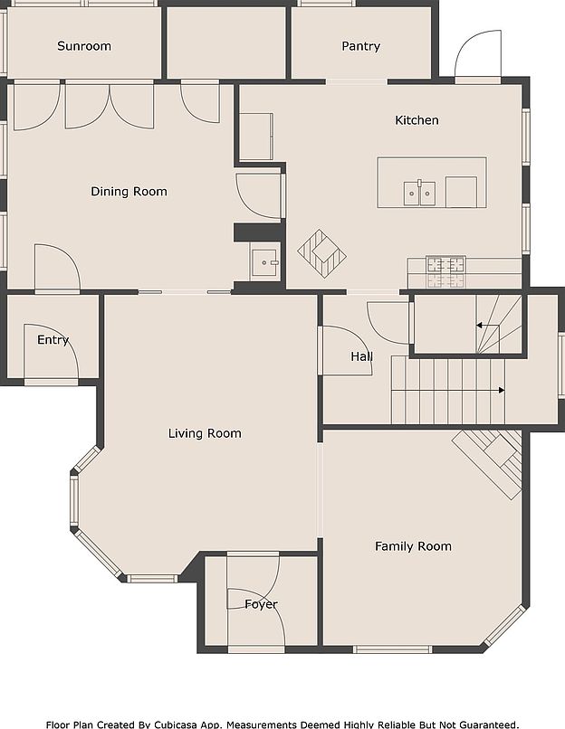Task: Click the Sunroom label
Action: tap(84, 46)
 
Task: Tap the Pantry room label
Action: tap(360, 46)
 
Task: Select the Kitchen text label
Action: tap(417, 120)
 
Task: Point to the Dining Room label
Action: tap(129, 192)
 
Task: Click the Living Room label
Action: tap(205, 433)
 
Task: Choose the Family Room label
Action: tap(413, 546)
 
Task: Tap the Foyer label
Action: tap(261, 604)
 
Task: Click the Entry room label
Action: tap(53, 340)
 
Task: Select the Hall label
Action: tap(361, 356)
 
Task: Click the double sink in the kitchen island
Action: tap(420, 194)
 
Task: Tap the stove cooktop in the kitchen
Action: tap(445, 270)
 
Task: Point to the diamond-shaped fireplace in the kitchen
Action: tap(321, 253)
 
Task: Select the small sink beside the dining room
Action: tap(264, 262)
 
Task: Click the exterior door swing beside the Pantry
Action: tap(478, 55)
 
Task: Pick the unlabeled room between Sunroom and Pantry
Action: tap(226, 43)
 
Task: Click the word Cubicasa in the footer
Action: tap(176, 724)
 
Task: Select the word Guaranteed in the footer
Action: tap(489, 724)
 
